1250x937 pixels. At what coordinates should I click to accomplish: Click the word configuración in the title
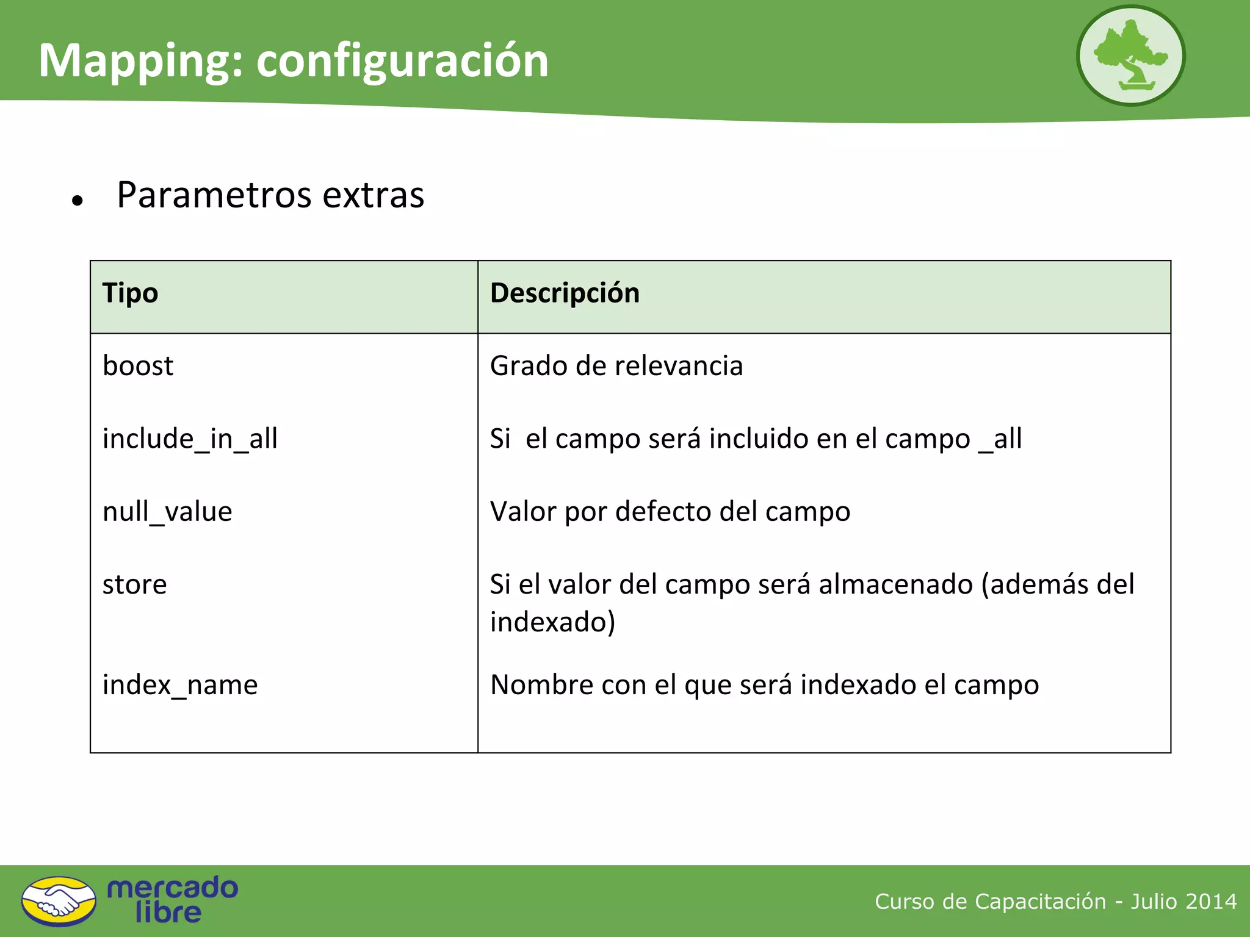pos(402,62)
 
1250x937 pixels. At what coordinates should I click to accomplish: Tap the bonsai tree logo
pos(1130,56)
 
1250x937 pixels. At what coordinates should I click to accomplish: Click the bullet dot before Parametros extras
pos(77,200)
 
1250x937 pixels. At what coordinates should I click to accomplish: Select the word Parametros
pos(214,195)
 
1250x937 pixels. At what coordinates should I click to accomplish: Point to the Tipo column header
pos(130,293)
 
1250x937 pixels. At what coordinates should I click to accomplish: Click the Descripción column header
pos(565,293)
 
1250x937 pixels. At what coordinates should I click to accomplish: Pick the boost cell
pos(138,366)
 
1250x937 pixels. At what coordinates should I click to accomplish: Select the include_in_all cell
pos(190,439)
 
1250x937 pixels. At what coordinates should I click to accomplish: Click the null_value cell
pos(167,511)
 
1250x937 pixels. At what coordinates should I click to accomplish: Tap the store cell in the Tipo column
pos(134,584)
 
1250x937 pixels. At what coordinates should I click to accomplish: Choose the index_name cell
pos(180,684)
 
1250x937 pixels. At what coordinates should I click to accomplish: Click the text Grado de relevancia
pos(616,366)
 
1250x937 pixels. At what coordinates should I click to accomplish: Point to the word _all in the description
pos(1000,439)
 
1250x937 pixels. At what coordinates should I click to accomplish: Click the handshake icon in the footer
pos(59,901)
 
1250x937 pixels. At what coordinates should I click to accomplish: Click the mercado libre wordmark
pos(172,900)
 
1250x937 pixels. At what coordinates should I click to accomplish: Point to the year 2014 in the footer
pos(1211,901)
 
